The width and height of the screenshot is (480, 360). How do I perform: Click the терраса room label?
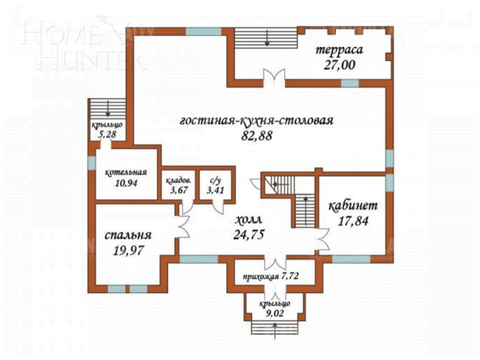(339, 51)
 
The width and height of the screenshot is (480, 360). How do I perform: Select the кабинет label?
(353, 206)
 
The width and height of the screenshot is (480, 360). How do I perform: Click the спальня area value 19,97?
(128, 250)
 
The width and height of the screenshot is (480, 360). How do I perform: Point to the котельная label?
(126, 172)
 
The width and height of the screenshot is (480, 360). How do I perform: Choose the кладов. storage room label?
(178, 180)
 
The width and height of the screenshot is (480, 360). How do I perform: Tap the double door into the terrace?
(274, 78)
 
